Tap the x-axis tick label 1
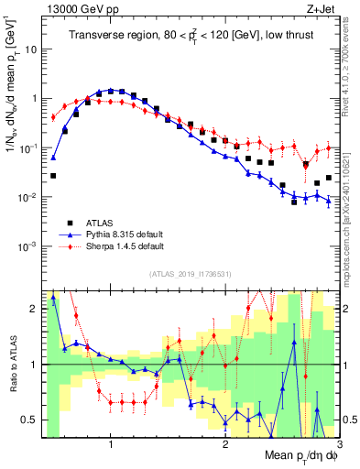[111, 443]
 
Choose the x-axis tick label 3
[339, 443]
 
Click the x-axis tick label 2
[225, 443]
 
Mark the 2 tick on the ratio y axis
[35, 309]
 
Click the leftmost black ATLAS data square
[53, 175]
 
